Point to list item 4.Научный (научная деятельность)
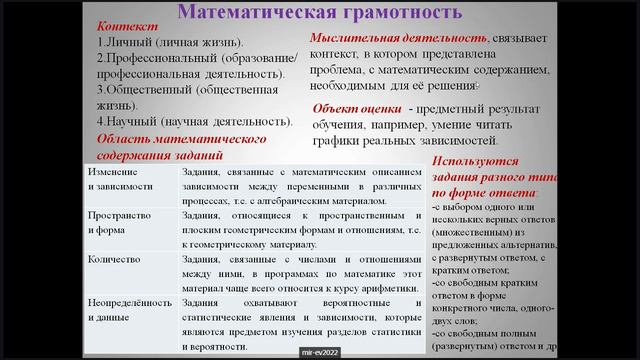point(195,121)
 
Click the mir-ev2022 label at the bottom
point(320,353)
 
